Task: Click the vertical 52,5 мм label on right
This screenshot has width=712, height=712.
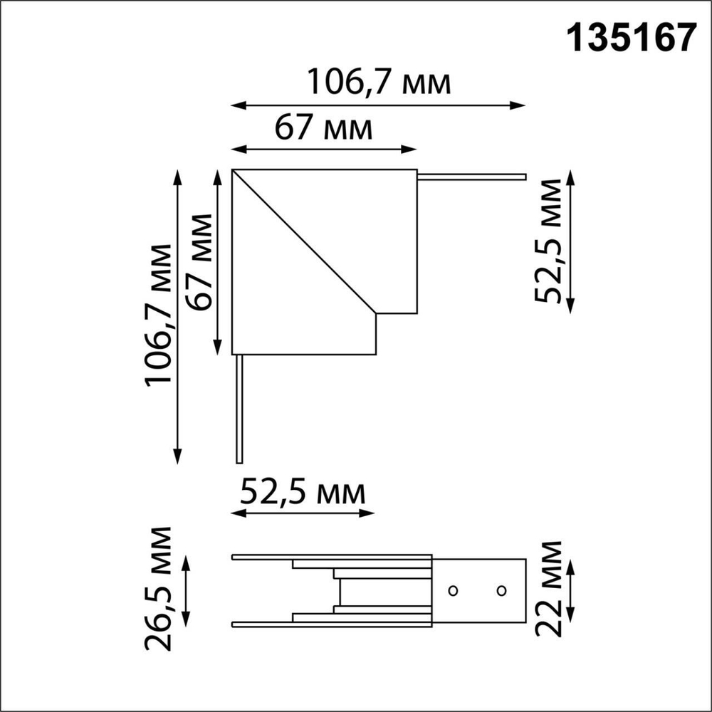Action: pos(549,242)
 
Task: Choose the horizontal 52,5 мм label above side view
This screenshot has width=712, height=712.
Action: pos(303,492)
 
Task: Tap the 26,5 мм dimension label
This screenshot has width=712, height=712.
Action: pos(158,590)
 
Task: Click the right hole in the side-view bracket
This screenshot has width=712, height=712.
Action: pos(501,590)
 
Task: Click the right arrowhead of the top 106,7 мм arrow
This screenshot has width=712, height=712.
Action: pos(520,105)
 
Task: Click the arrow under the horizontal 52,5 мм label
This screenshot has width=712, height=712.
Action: pos(303,513)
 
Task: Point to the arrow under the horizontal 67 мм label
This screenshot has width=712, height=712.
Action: pos(324,150)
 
